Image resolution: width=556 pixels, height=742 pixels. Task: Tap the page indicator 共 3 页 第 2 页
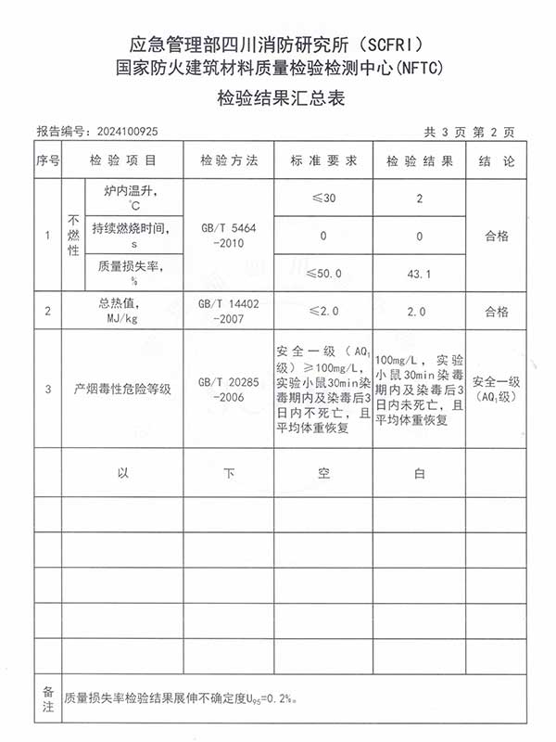click(468, 132)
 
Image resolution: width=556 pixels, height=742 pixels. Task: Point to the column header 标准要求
click(323, 161)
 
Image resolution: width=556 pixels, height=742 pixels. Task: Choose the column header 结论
click(497, 161)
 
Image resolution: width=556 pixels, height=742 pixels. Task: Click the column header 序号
click(47, 161)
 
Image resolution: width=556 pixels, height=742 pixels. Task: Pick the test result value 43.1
click(419, 275)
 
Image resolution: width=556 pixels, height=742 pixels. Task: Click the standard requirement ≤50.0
click(323, 274)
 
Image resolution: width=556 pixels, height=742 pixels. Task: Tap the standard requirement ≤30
click(323, 198)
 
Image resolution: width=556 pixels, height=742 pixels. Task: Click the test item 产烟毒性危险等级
click(123, 389)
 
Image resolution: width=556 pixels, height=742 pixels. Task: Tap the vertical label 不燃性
click(74, 236)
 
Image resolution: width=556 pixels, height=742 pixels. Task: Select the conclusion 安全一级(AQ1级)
click(497, 389)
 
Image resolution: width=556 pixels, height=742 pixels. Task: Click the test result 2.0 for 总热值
click(419, 312)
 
